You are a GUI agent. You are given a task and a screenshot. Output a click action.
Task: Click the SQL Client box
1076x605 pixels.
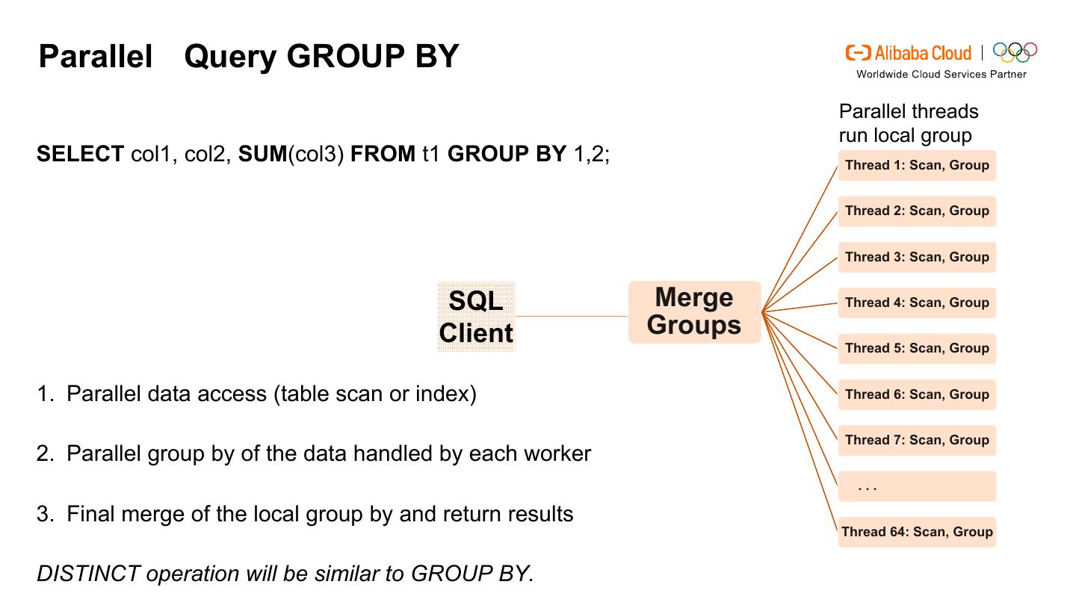(476, 317)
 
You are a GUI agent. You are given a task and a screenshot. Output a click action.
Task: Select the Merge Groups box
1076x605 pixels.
(694, 312)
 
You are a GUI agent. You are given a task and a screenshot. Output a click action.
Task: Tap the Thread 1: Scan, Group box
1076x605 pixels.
(917, 165)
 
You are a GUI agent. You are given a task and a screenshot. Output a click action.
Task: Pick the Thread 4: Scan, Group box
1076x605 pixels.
(917, 302)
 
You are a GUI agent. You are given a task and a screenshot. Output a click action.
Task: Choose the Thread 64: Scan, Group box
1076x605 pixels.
(917, 532)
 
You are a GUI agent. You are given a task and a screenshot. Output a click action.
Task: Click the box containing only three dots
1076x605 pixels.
(917, 486)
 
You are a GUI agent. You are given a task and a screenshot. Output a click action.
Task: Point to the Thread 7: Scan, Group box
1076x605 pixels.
(917, 440)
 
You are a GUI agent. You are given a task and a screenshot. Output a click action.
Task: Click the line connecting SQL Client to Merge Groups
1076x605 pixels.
(572, 317)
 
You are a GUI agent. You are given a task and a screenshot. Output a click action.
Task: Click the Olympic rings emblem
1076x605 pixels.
(1015, 52)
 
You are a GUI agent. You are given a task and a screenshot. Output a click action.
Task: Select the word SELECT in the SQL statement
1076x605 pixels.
(80, 154)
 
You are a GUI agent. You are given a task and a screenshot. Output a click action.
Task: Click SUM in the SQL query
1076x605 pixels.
(262, 154)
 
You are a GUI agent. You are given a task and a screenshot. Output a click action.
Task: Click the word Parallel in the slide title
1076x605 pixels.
(95, 57)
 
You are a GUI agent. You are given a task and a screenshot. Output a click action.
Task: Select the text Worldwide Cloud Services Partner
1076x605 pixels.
(941, 74)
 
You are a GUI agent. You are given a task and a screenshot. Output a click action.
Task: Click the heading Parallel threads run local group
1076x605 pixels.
(908, 123)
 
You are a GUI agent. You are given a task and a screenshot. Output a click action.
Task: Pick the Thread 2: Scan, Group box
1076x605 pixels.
(917, 211)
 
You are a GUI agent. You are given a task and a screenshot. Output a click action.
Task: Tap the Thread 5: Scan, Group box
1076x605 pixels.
(917, 348)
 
